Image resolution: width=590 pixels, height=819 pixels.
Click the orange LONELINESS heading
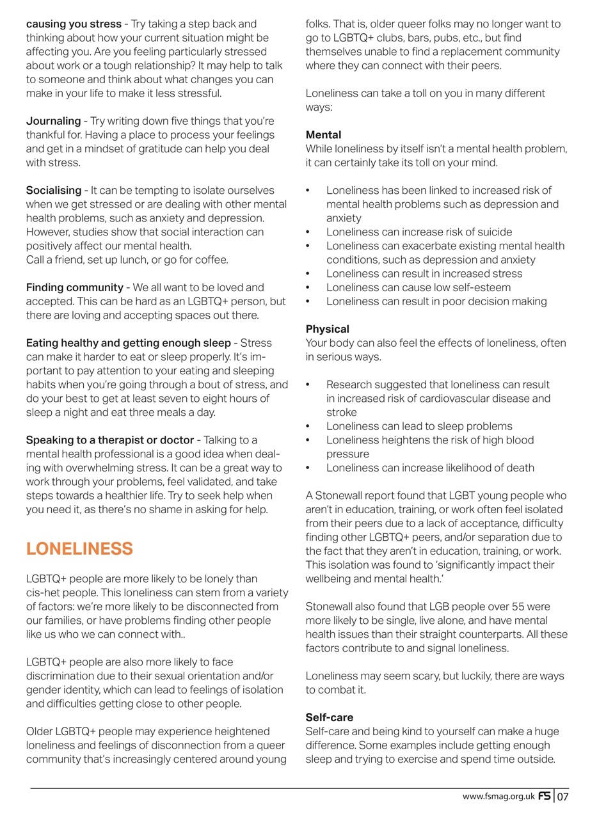79,549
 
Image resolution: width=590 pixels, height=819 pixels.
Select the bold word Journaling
53,121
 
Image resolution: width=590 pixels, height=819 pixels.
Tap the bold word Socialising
54,190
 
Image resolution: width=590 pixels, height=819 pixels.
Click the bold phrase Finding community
74,287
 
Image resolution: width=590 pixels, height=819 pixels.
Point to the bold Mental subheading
323,135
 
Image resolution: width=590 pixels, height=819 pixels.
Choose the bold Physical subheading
327,329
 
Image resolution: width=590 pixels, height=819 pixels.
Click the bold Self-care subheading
329,717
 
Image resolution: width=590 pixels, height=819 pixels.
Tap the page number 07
562,797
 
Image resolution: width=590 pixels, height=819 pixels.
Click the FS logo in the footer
544,797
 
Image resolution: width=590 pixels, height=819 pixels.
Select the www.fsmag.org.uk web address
498,797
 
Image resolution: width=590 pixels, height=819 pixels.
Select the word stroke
342,413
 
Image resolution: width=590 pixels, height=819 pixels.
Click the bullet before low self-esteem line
308,287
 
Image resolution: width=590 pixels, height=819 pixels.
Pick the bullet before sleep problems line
308,426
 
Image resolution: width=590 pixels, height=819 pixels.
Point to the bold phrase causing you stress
74,24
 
